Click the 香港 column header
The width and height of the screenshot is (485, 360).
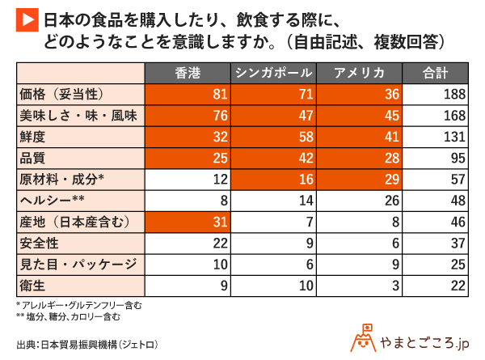188,73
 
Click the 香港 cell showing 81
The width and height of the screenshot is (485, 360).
188,95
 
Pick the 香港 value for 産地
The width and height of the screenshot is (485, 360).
188,221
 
